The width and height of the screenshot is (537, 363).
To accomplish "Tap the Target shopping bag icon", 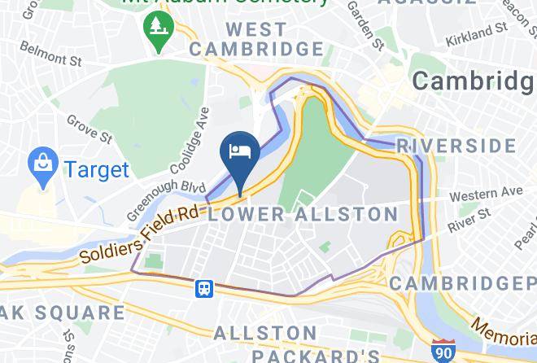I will tap(41, 167).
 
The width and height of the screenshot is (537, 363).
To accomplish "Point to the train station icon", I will tap(203, 287).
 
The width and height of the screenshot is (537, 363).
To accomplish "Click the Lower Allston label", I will tap(303, 215).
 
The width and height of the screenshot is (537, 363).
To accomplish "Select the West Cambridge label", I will tap(257, 39).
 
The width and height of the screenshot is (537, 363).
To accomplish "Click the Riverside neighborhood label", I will tap(456, 147).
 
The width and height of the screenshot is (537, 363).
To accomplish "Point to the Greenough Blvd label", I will tap(166, 200).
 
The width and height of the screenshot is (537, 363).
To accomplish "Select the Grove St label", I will tap(89, 129).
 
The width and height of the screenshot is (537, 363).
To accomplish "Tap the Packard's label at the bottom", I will tap(315, 355).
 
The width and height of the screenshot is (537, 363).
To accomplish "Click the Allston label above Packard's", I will tap(264, 333).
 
